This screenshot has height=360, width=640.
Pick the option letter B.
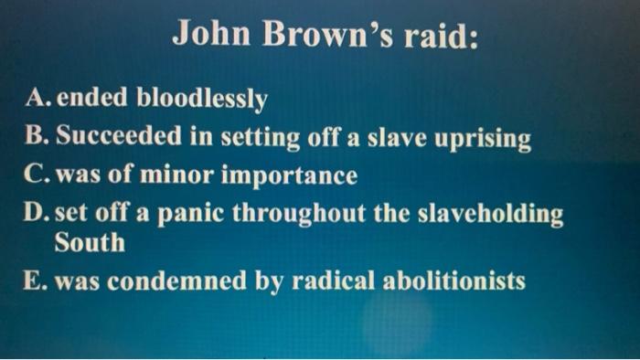(x=39, y=138)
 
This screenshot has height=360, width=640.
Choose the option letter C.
(x=39, y=174)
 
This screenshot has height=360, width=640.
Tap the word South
(x=89, y=243)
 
